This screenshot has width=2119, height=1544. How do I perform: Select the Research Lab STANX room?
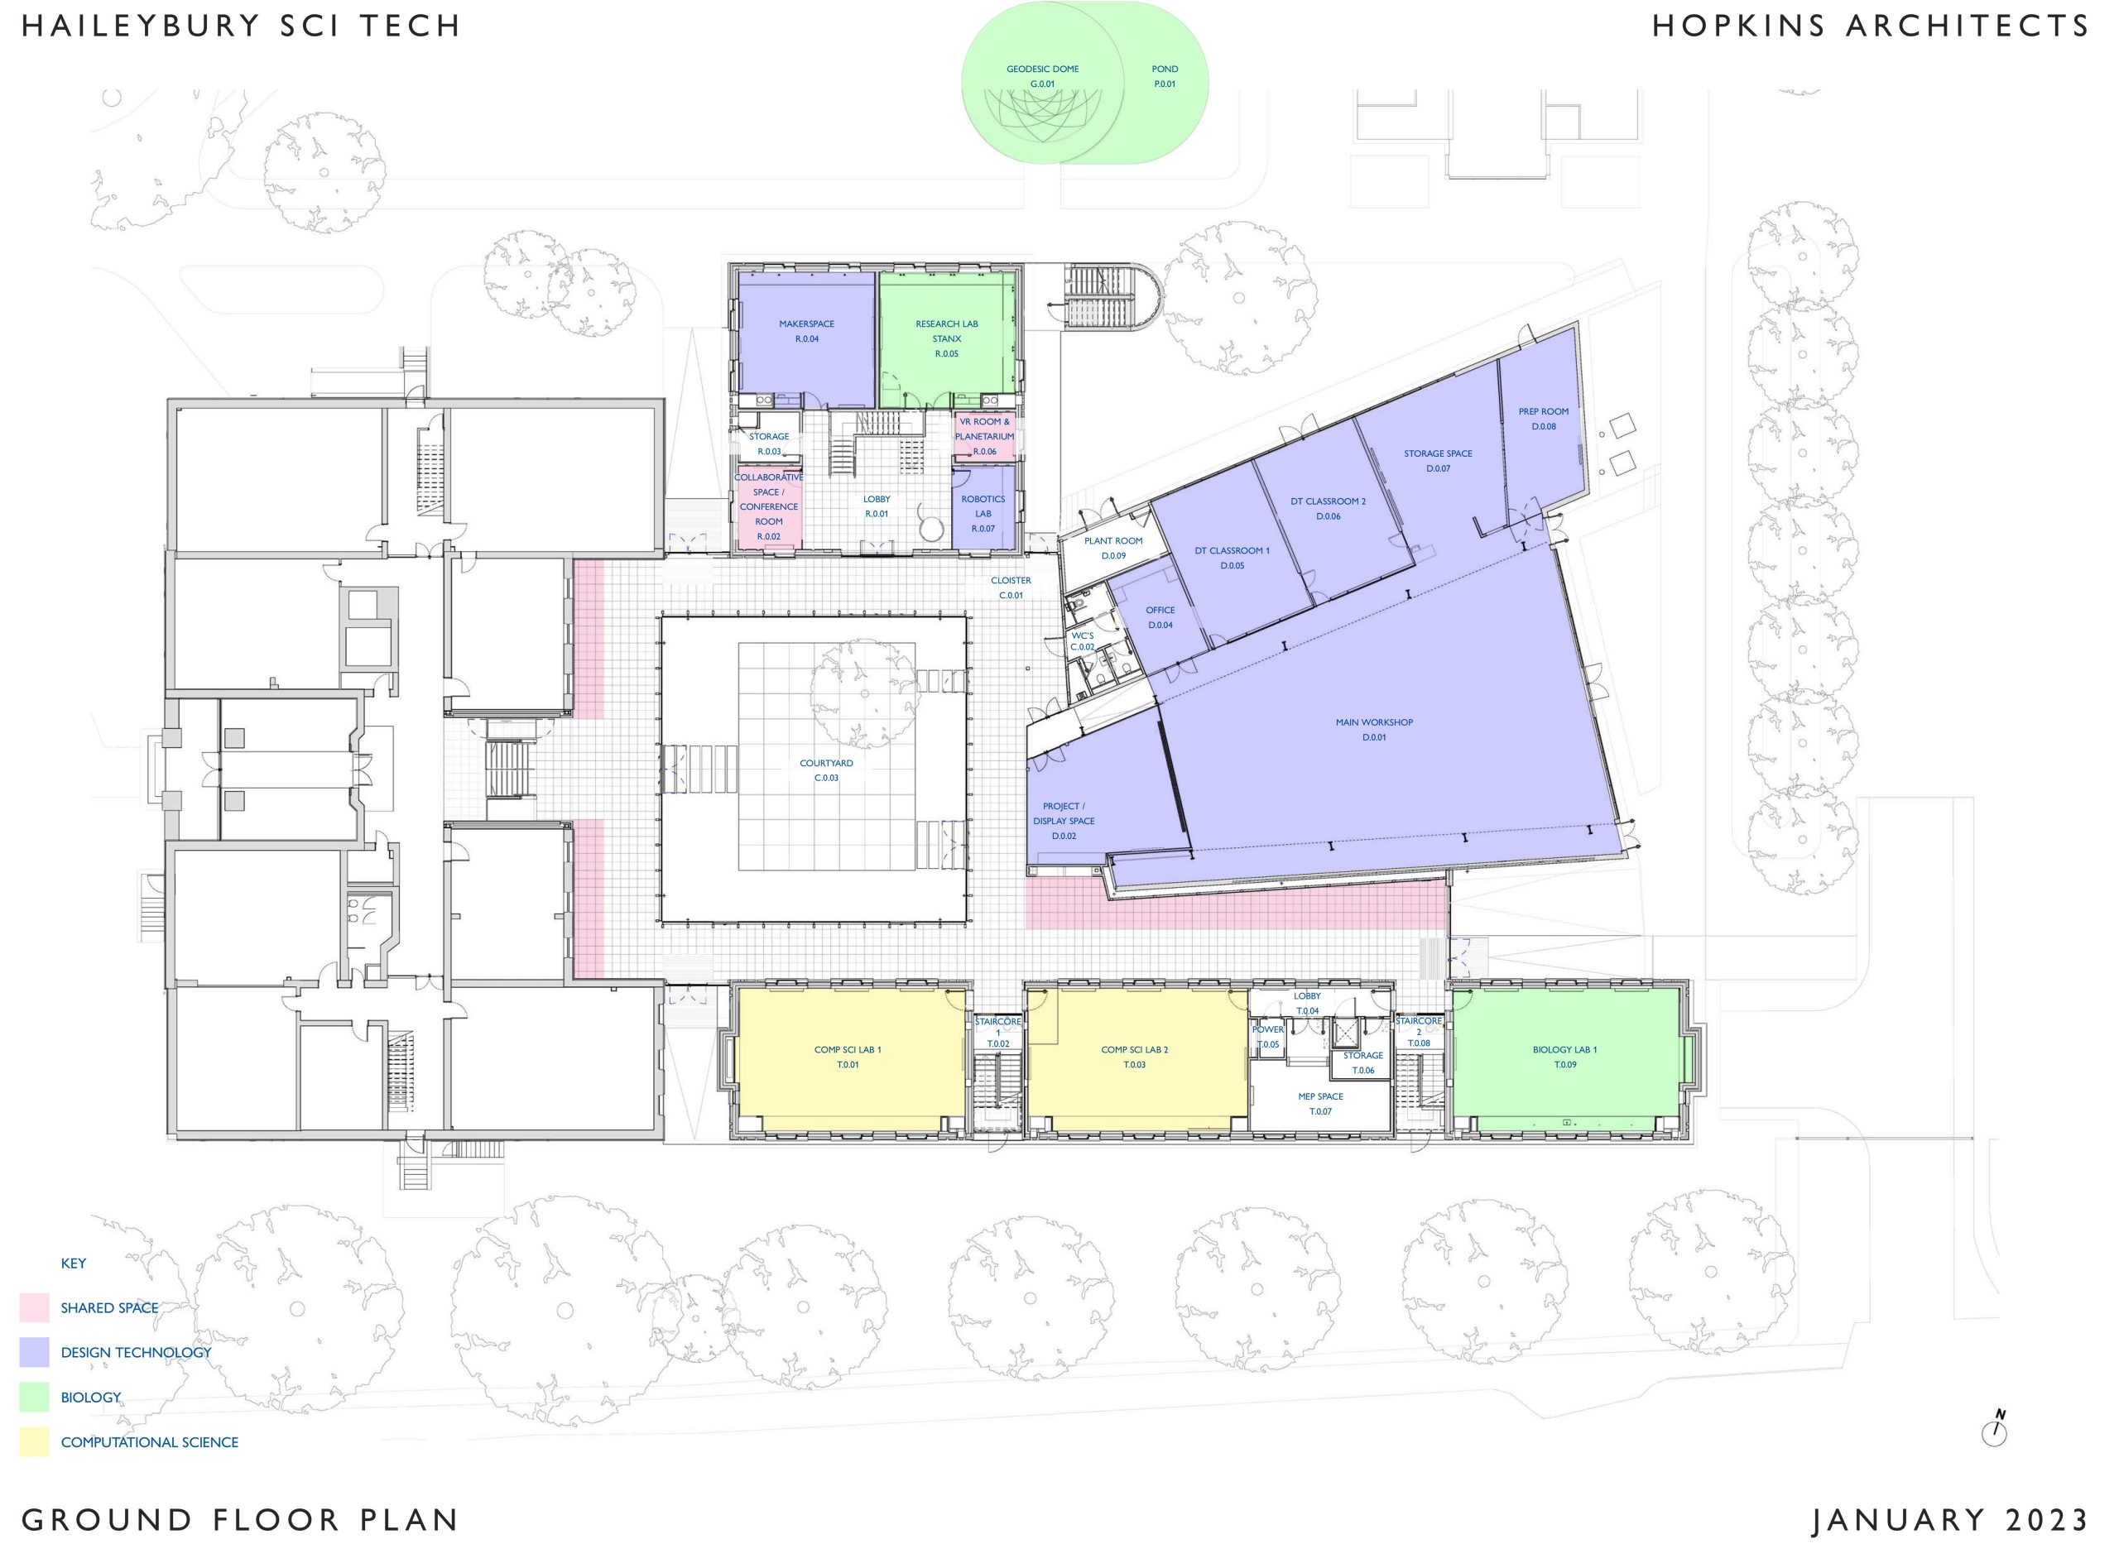947,339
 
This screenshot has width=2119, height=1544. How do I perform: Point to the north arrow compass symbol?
1995,1429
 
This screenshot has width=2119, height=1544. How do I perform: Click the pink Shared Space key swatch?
35,1307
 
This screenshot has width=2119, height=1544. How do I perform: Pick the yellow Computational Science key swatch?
35,1442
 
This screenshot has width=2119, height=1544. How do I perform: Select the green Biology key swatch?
35,1398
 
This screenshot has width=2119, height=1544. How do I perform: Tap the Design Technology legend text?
137,1352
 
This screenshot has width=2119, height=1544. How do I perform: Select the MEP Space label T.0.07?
1321,1104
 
